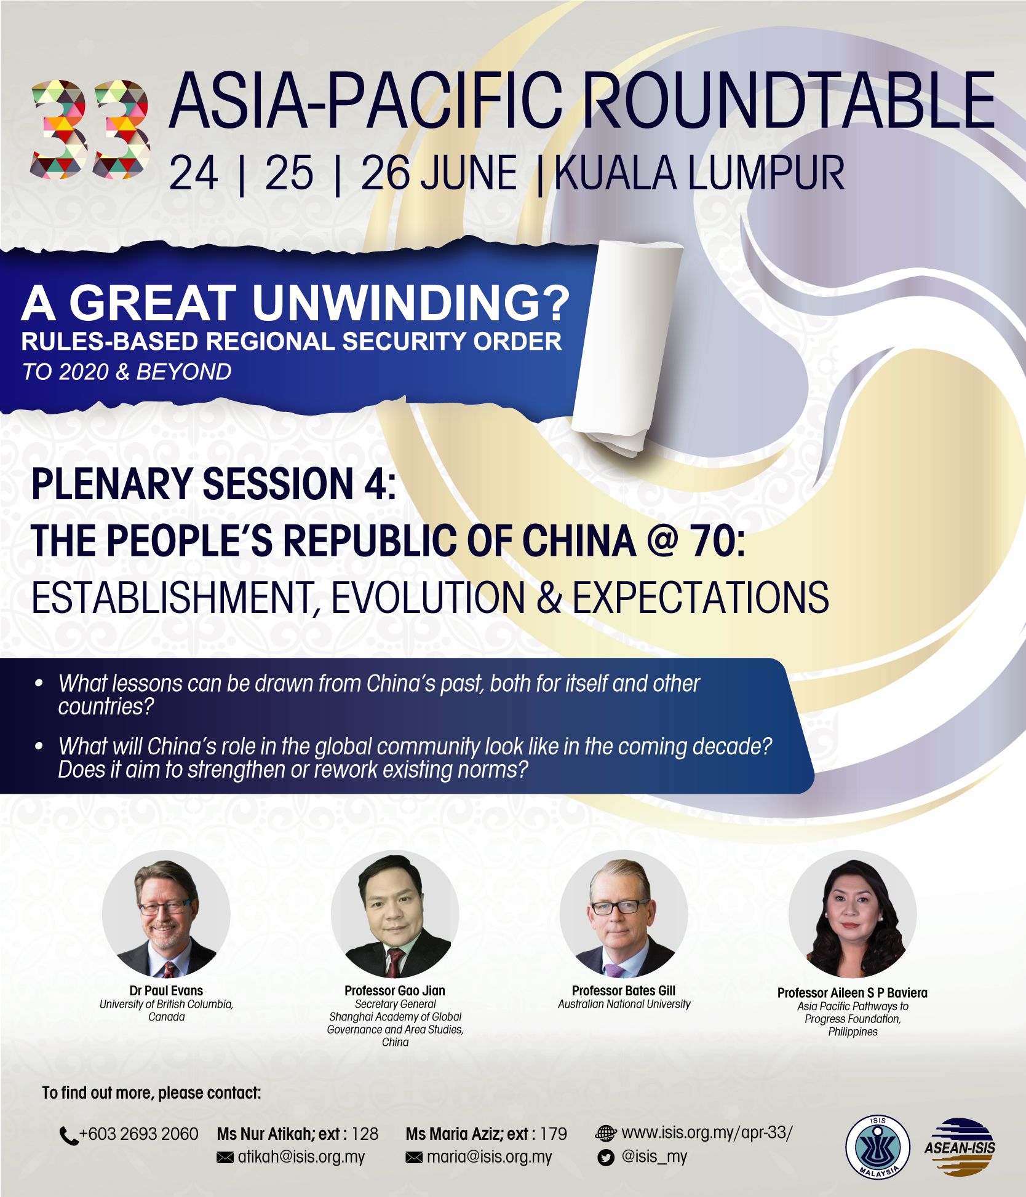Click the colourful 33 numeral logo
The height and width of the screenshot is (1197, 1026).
pos(90,129)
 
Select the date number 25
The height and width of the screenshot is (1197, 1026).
pos(289,173)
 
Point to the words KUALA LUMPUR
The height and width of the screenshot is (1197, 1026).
pos(699,173)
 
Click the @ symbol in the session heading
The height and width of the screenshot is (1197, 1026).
pos(662,540)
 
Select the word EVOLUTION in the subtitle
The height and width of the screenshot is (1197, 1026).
pos(427,597)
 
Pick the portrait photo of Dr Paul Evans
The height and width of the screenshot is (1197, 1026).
pos(166,914)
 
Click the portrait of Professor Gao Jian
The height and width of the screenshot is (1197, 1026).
pos(395,914)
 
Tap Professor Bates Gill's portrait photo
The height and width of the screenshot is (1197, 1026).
pos(624,914)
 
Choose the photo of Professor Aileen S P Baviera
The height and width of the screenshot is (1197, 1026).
pos(853,914)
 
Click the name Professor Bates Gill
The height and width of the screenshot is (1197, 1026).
pos(624,990)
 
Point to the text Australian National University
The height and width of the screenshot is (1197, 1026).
pos(624,1004)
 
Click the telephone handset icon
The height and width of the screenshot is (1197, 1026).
pos(68,1136)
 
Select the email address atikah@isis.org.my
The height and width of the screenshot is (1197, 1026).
pos(301,1157)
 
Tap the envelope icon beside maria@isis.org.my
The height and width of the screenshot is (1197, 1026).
pos(414,1158)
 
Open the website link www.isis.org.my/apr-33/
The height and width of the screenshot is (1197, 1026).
pos(707,1132)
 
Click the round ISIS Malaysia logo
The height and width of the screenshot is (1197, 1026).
pos(878,1147)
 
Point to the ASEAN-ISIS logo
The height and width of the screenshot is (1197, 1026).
pos(960,1147)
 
